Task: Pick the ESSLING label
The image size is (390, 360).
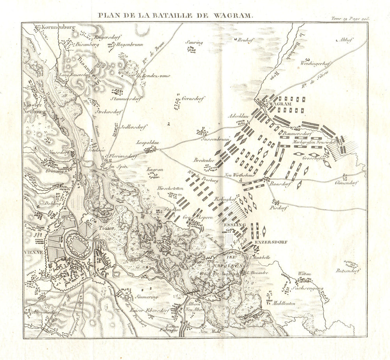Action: tap(234, 225)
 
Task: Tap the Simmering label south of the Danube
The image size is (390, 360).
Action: tap(146, 296)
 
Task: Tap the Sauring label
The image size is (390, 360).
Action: tap(195, 43)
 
